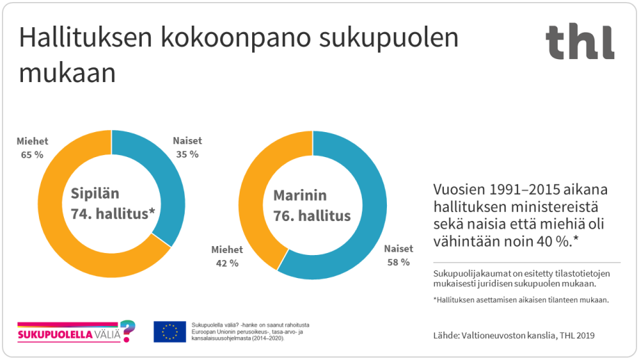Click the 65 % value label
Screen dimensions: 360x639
tap(32, 154)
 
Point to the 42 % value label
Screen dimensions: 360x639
tap(226, 263)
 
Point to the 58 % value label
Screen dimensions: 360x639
tap(399, 262)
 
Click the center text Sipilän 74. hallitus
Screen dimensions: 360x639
tap(111, 204)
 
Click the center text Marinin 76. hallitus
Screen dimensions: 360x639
tap(312, 205)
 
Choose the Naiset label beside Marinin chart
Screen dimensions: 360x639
tap(398, 249)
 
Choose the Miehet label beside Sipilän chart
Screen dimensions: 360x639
tap(32, 141)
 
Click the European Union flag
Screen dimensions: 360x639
tap(169, 332)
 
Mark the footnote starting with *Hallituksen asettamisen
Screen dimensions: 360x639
tap(520, 300)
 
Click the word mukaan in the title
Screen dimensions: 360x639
tap(67, 74)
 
